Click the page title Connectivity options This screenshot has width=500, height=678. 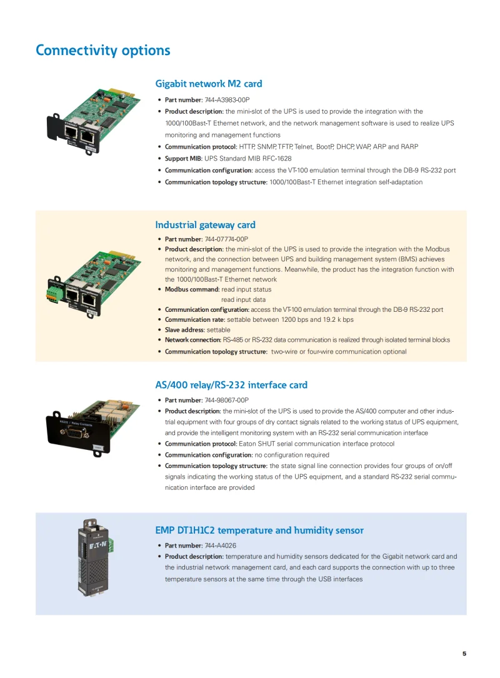click(102, 50)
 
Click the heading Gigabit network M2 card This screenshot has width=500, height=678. click(208, 84)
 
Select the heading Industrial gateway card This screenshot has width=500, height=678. click(205, 225)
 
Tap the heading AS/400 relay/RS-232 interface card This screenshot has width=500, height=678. click(231, 385)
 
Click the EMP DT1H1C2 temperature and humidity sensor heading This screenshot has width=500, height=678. click(259, 531)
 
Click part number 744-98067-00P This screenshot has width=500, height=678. click(226, 400)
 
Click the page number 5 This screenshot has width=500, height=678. click(464, 654)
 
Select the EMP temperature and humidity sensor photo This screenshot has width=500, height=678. click(94, 558)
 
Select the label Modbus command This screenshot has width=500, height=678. click(191, 289)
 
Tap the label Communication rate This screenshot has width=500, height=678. click(194, 319)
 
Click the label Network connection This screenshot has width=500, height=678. click(192, 340)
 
